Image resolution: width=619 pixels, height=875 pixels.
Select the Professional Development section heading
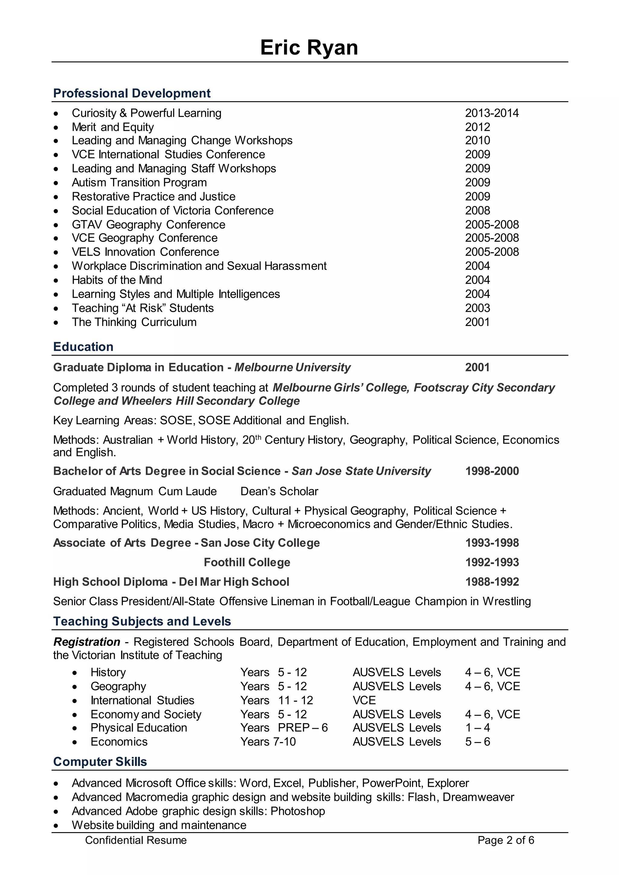point(132,93)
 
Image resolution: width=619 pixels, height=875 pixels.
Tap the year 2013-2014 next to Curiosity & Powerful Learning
point(492,113)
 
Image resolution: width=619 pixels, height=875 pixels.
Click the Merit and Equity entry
point(113,127)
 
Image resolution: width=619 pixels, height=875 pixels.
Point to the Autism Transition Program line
point(139,182)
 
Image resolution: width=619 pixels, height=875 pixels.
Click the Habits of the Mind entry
point(117,280)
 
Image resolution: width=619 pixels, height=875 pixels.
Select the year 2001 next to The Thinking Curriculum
point(477,322)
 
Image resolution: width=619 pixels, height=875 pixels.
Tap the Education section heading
point(83,347)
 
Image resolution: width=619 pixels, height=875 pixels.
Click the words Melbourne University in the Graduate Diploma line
point(292,367)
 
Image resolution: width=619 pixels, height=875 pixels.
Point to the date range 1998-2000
point(492,471)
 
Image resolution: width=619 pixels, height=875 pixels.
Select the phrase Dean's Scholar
point(279,492)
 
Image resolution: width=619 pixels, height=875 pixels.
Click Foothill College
point(247,563)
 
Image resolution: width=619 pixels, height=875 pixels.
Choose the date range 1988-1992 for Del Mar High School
point(492,582)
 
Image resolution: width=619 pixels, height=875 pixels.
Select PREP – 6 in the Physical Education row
point(303,728)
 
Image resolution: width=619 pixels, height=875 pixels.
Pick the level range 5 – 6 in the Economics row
point(477,742)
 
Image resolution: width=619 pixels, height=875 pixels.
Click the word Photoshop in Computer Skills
point(298,811)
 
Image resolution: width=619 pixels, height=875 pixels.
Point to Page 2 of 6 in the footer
point(506,840)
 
